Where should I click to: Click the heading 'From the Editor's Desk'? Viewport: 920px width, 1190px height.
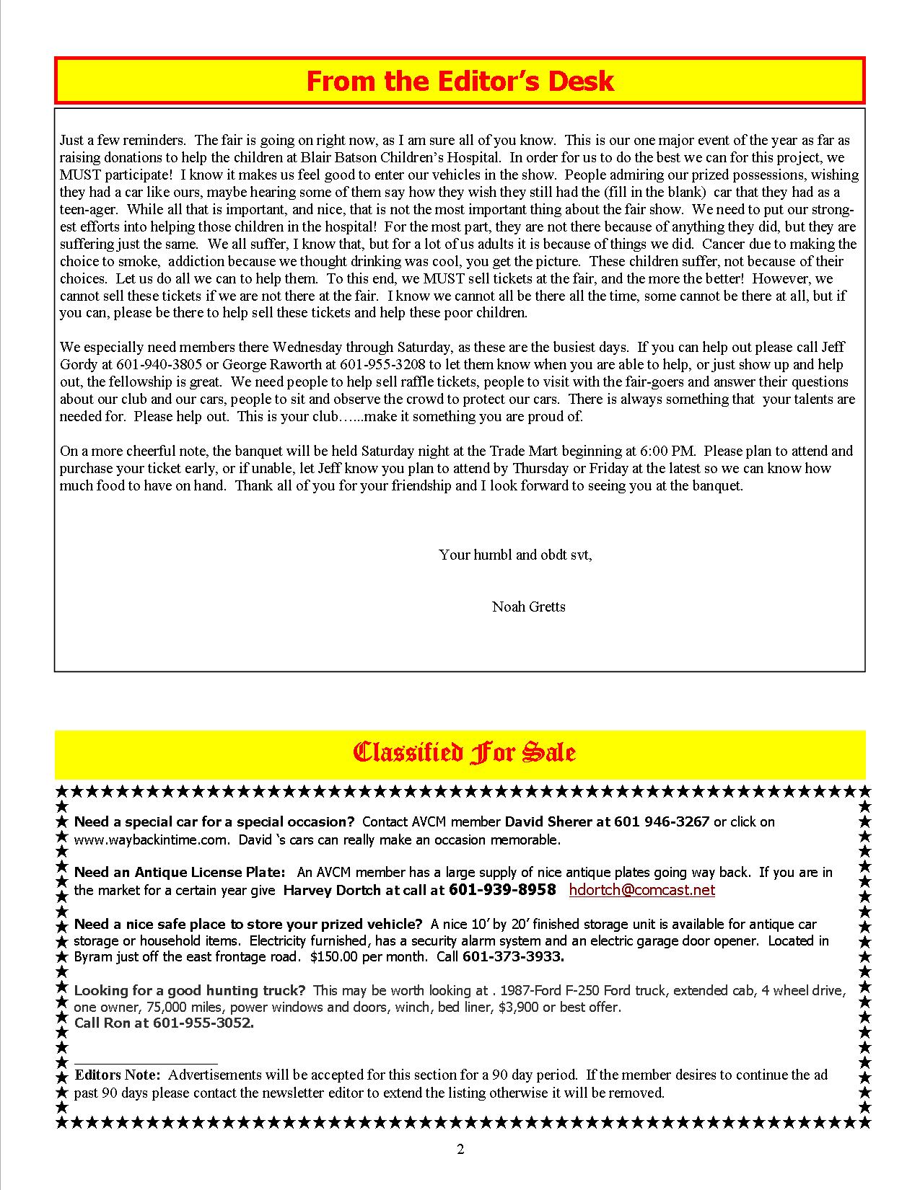pyautogui.click(x=460, y=81)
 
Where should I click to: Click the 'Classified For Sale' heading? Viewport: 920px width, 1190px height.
pyautogui.click(x=463, y=752)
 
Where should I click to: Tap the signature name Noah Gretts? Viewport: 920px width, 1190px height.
pyautogui.click(x=528, y=607)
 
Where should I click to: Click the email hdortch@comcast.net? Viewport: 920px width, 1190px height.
pyautogui.click(x=641, y=890)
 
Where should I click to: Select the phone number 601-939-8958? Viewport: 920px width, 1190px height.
pyautogui.click(x=502, y=890)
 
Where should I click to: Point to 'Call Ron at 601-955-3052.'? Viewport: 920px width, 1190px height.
pyautogui.click(x=164, y=1023)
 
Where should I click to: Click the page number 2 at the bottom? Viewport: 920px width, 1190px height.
pyautogui.click(x=460, y=1150)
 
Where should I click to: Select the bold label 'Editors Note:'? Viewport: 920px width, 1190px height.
pyautogui.click(x=118, y=1075)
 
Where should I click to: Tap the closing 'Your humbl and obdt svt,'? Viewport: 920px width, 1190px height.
pyautogui.click(x=515, y=555)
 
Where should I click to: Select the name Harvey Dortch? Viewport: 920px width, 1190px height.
pyautogui.click(x=333, y=891)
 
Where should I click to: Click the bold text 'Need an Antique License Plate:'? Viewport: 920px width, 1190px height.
pyautogui.click(x=180, y=873)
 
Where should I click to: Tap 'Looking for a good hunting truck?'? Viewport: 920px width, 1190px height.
pyautogui.click(x=190, y=991)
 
